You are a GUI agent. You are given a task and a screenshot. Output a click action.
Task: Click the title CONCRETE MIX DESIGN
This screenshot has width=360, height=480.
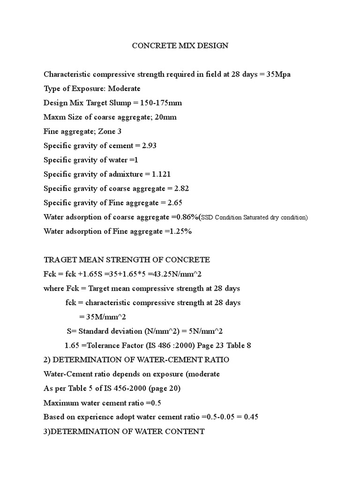[x=180, y=45]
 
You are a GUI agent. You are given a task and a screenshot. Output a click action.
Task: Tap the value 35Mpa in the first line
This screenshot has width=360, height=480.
[x=278, y=74]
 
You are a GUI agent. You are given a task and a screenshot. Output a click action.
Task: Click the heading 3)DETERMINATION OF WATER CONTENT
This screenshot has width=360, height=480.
[x=124, y=431]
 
